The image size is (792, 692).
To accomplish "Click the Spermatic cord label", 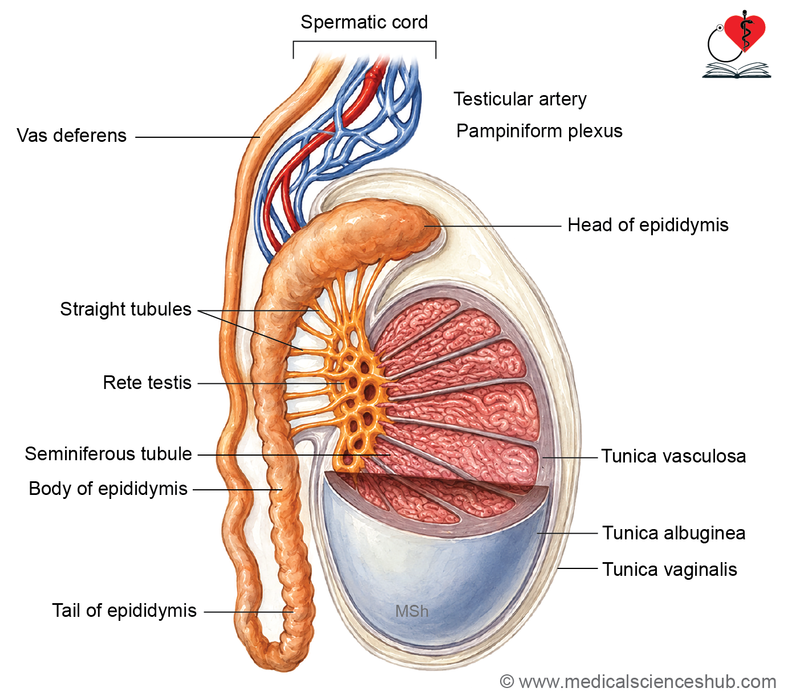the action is click(x=364, y=22).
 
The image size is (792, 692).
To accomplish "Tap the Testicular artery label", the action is click(x=520, y=99).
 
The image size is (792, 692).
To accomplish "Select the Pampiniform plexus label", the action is click(x=539, y=131).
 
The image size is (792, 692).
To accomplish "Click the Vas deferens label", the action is click(x=72, y=136).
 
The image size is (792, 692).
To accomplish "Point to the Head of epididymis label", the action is click(x=648, y=225).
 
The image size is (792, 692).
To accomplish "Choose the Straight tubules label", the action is click(x=126, y=309).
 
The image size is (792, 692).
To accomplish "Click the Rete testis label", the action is click(x=147, y=383).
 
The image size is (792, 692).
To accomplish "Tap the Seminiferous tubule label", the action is click(x=108, y=454).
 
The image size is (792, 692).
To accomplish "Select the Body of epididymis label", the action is click(x=108, y=489).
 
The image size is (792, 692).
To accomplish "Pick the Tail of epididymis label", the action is click(x=124, y=611).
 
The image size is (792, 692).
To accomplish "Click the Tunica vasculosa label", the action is click(x=673, y=456).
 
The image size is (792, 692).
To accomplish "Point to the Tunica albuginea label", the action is click(x=674, y=533).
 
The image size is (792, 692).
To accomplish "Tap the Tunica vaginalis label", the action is click(x=669, y=570).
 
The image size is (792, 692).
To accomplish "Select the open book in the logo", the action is click(x=737, y=71).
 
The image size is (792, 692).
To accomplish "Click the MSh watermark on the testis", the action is click(x=412, y=611).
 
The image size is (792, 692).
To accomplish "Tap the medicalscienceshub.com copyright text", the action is click(x=638, y=682).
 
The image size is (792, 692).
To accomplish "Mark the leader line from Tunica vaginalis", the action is click(x=578, y=568).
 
